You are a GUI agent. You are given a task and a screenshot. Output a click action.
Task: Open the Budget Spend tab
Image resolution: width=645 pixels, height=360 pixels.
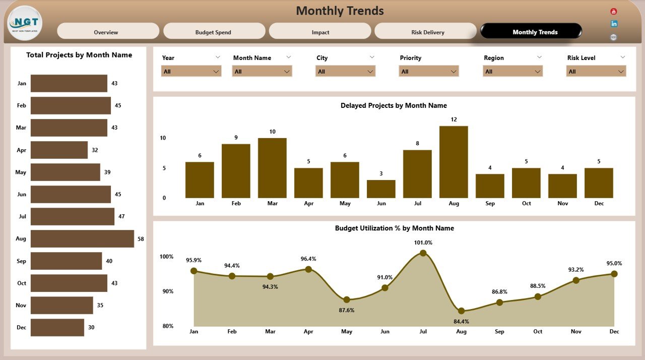coord(214,31)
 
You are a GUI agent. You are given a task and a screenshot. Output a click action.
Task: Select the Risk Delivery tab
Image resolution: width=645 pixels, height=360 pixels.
coord(425,31)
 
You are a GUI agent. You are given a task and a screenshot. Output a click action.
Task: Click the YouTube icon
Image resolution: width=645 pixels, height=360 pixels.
coord(613,11)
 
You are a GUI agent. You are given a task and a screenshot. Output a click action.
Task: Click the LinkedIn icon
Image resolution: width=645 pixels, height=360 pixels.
coord(613,24)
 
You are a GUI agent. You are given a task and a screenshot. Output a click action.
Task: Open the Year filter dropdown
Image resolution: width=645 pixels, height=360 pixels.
coord(191,72)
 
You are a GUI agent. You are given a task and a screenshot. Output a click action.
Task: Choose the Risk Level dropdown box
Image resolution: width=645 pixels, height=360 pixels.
coord(596,72)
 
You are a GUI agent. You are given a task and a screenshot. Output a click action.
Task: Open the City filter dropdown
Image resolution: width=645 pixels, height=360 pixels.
coord(345,72)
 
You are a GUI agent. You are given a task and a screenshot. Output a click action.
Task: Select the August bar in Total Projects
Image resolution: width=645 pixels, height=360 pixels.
coord(82,239)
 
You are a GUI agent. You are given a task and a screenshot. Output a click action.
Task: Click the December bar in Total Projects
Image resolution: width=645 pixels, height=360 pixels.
coord(57,327)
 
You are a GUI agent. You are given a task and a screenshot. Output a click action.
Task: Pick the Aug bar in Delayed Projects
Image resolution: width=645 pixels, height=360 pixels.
coord(454,162)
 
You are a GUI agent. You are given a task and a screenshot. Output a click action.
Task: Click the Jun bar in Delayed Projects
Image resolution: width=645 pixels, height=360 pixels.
coord(381,189)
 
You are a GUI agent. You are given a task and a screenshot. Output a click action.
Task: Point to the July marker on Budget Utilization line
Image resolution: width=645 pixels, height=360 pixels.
coord(423,253)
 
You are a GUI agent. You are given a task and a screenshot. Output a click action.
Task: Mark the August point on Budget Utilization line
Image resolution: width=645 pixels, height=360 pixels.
coord(461,311)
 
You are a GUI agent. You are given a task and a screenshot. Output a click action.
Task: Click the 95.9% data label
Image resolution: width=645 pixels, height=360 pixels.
coord(193,260)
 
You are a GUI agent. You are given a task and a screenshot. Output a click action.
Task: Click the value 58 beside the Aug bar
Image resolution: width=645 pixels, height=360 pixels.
coord(141,239)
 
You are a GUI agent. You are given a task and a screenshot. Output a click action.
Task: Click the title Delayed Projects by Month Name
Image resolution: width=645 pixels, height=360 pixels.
coord(394,105)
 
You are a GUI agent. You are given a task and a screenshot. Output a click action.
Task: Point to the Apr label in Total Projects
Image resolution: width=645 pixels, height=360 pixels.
coord(21,150)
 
